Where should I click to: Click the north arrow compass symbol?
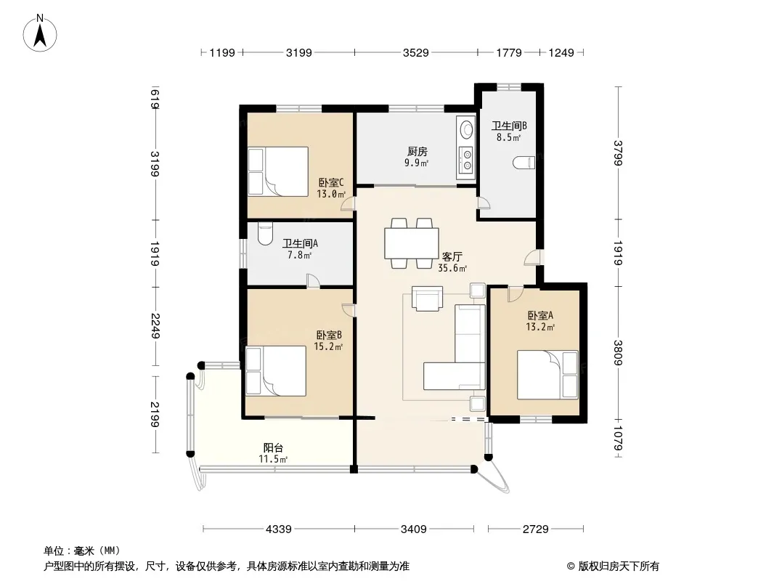(40, 33)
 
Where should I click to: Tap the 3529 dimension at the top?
(415, 52)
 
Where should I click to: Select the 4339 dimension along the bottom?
(278, 529)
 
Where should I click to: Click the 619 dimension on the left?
(155, 98)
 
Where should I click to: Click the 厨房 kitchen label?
(417, 152)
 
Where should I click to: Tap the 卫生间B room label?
(509, 126)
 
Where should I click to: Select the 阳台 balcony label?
(273, 447)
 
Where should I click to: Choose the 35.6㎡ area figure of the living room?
(452, 268)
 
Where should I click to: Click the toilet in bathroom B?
(524, 163)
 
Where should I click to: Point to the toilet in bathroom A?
(265, 234)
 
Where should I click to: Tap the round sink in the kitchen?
(466, 130)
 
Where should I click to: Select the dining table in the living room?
(412, 243)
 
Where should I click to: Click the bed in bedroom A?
(547, 374)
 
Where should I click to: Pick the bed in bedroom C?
(278, 171)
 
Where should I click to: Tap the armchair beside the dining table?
(427, 299)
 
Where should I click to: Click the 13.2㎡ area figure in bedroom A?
(540, 326)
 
